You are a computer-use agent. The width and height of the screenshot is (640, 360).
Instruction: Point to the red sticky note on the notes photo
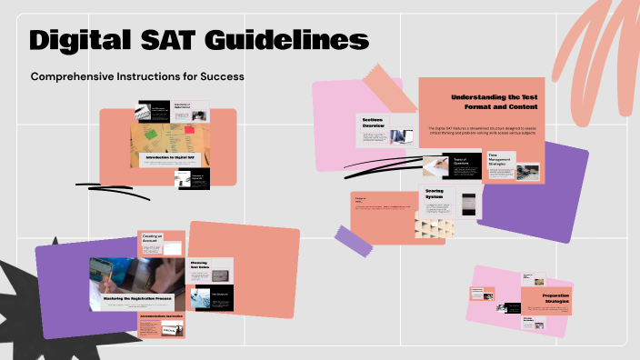coord(190,130)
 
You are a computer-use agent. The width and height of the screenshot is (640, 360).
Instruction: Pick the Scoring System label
coord(435,195)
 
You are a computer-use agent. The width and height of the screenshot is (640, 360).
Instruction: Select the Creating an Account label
coord(151,238)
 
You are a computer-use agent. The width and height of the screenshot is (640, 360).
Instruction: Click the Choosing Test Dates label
coord(200,265)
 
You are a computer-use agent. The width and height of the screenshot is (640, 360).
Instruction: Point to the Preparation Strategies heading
coord(555,298)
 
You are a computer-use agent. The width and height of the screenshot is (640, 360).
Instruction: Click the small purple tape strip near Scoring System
coord(355,239)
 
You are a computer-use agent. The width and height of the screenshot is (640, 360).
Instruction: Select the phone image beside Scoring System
coord(467,205)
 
